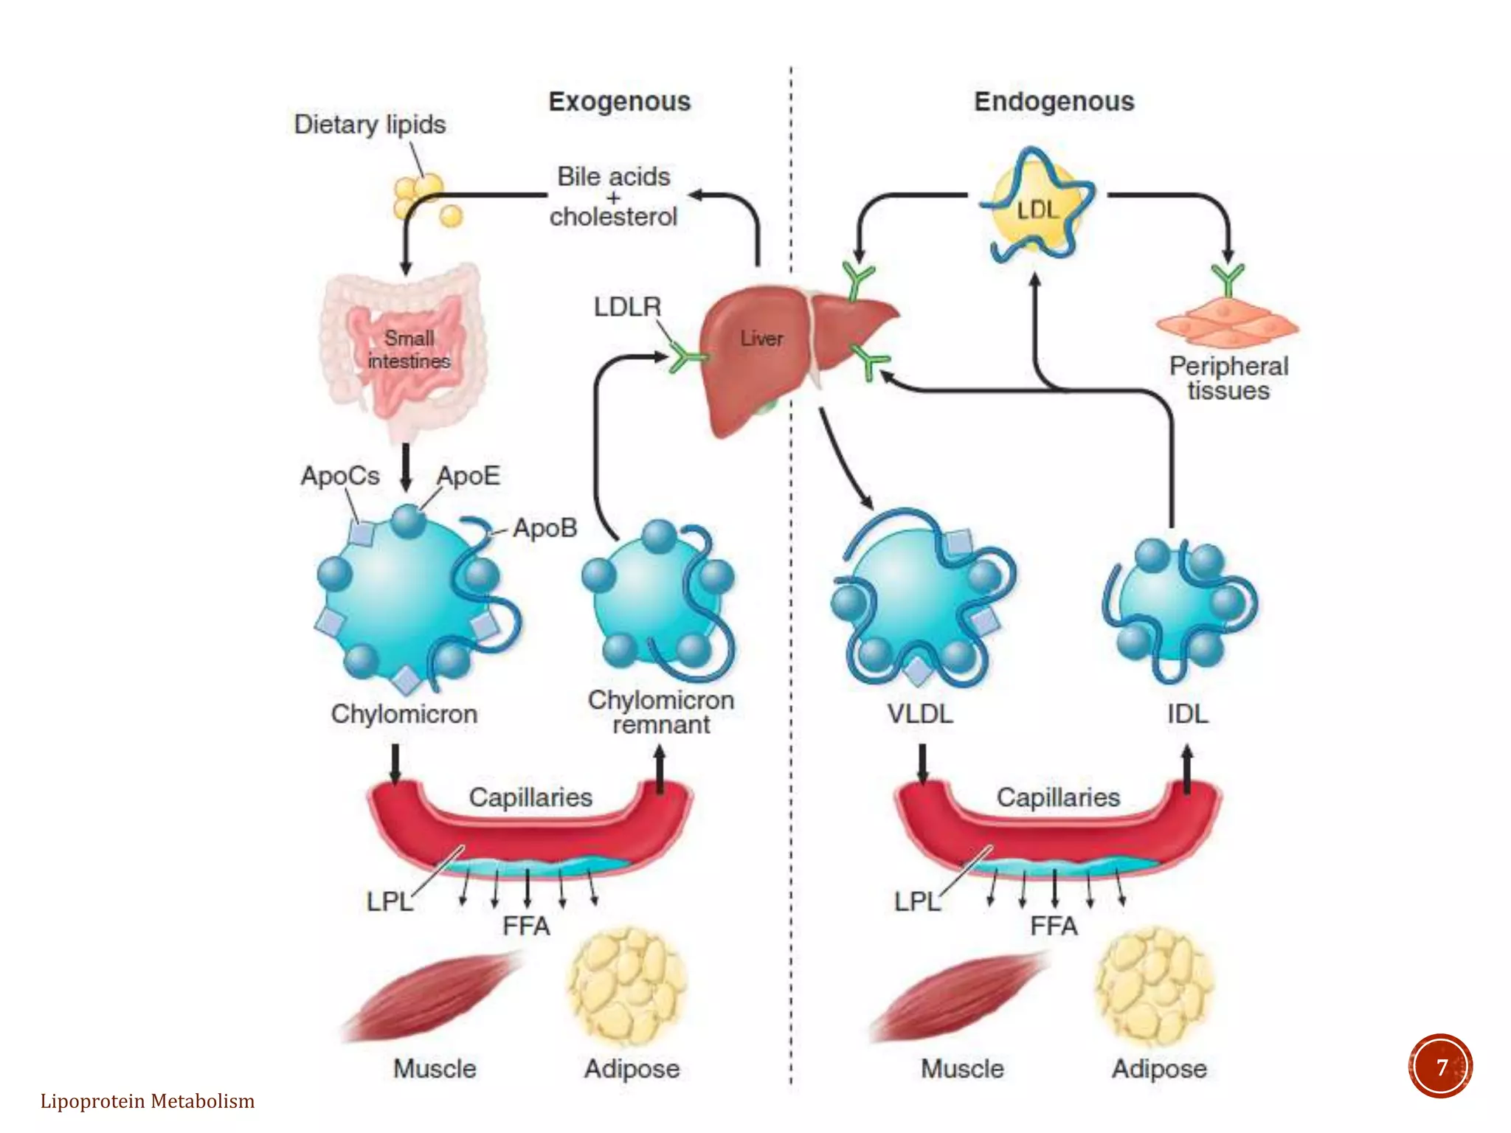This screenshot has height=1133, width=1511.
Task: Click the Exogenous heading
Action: pyautogui.click(x=619, y=102)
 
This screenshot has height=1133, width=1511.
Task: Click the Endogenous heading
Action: pyautogui.click(x=1054, y=102)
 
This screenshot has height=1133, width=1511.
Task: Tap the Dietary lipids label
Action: pyautogui.click(x=370, y=125)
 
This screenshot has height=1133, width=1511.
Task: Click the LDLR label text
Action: pyautogui.click(x=627, y=307)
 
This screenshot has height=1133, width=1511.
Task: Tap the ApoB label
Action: pyautogui.click(x=544, y=528)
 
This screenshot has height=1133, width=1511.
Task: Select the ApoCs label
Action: pyautogui.click(x=339, y=476)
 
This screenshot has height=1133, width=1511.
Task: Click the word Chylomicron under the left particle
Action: pyautogui.click(x=404, y=714)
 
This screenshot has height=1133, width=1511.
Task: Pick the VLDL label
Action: pyautogui.click(x=919, y=714)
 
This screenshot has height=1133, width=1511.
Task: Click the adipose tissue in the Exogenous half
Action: pyautogui.click(x=627, y=985)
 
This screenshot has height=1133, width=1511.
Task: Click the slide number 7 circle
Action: pyautogui.click(x=1440, y=1067)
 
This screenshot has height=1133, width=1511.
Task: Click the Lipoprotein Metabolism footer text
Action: pyautogui.click(x=148, y=1101)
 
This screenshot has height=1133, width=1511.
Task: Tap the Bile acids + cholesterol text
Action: pyautogui.click(x=613, y=197)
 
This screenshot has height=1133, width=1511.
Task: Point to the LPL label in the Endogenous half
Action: pyautogui.click(x=916, y=901)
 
